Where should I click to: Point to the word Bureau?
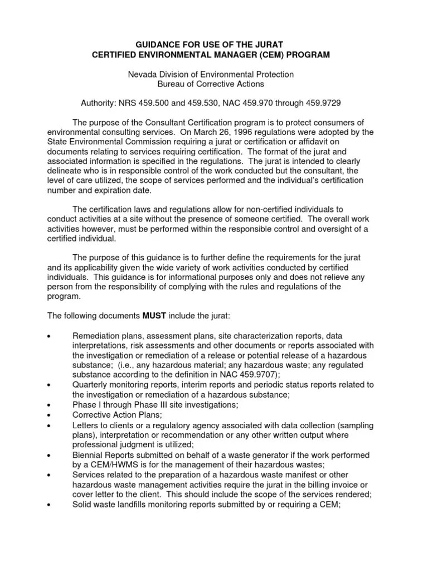176,84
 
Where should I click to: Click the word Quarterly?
90,385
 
